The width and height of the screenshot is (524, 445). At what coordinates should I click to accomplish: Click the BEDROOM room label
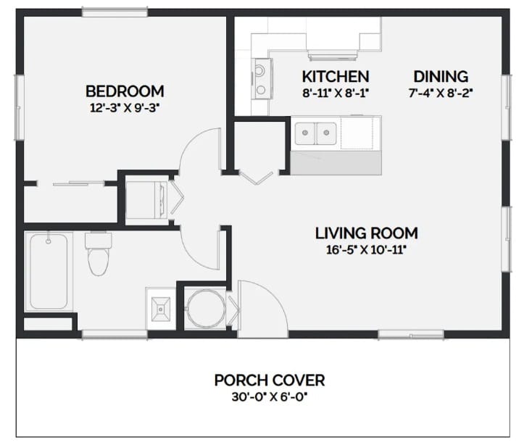[124, 91]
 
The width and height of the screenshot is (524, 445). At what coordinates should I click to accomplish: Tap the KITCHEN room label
[335, 76]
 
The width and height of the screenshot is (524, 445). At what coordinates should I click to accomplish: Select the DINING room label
[441, 76]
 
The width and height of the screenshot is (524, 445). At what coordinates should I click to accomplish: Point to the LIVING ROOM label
[366, 233]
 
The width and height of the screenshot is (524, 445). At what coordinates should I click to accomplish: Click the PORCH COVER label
[269, 380]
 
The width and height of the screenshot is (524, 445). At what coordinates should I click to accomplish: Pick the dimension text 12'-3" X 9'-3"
[124, 107]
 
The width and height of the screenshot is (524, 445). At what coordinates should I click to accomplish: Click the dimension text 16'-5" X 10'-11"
[366, 249]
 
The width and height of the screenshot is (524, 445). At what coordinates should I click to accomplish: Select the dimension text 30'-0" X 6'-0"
[269, 396]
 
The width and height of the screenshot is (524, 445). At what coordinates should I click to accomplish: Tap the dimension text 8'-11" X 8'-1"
[335, 92]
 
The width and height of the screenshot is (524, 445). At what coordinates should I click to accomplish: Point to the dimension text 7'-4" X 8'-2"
[441, 92]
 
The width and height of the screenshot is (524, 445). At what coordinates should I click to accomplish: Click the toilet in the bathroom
[96, 255]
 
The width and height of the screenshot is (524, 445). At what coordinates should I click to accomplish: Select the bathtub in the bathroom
[49, 270]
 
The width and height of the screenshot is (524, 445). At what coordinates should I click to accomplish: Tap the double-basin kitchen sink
[316, 133]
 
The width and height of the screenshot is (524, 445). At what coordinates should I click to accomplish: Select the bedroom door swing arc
[199, 149]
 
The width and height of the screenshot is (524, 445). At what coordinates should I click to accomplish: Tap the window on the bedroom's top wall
[115, 12]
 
